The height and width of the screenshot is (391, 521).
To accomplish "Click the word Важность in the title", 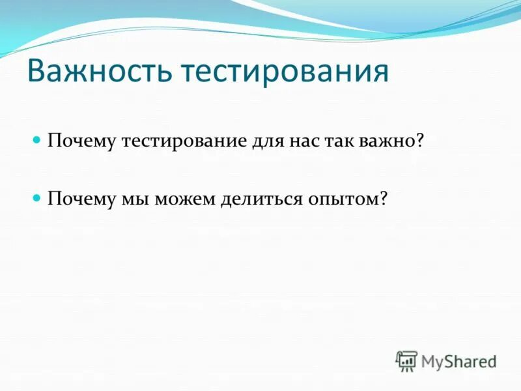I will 100,73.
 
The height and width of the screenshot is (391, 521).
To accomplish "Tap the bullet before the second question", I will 38,196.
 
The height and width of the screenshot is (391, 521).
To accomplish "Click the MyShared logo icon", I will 406,360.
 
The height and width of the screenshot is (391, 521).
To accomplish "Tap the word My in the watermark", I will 432,361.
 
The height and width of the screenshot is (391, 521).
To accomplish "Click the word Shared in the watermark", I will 470,360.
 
